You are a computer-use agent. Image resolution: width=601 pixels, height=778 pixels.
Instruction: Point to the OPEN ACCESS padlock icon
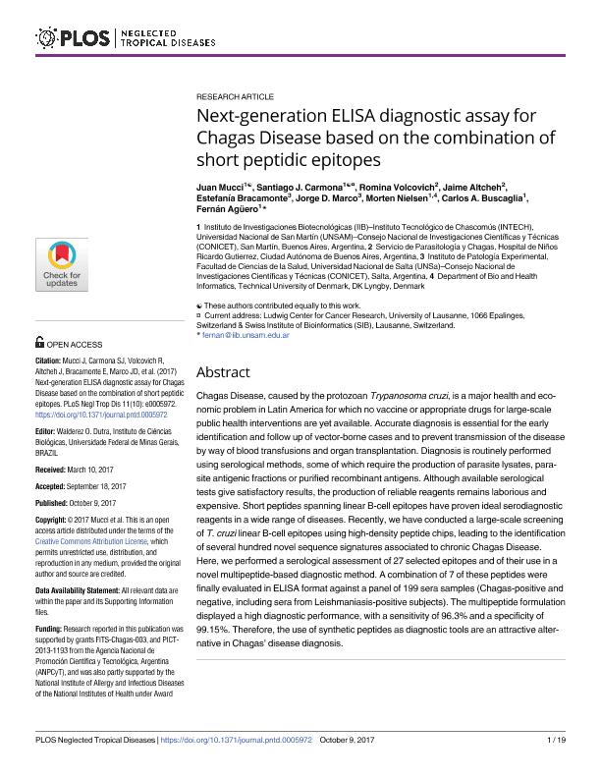click(39, 344)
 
